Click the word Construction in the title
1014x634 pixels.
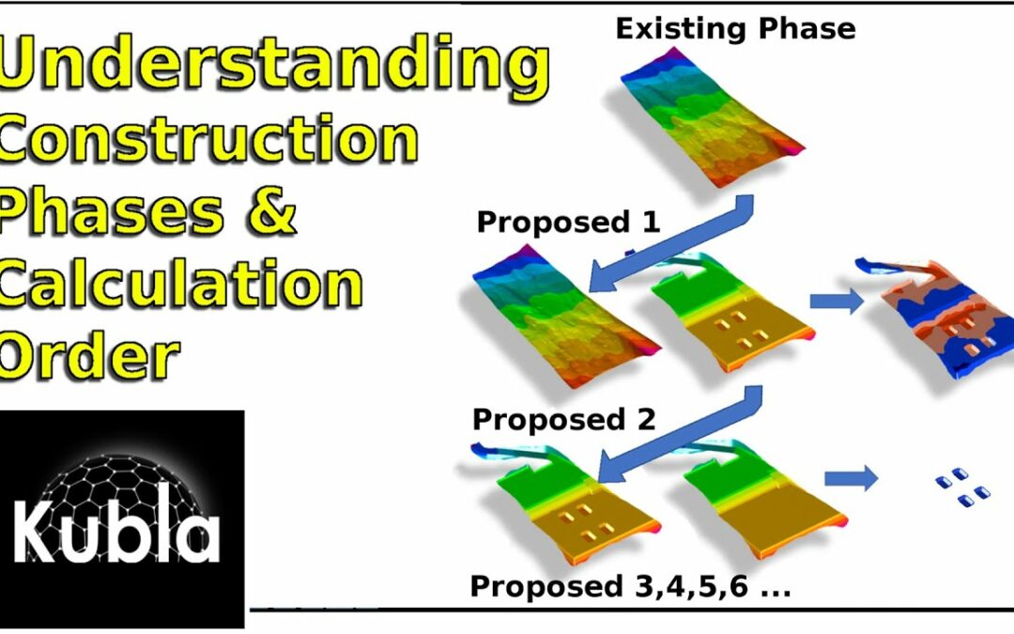click(x=208, y=139)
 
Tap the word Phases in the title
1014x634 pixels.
click(x=111, y=211)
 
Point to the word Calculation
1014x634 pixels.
click(x=180, y=284)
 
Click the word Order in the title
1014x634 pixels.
click(x=89, y=354)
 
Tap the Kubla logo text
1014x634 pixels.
click(x=117, y=531)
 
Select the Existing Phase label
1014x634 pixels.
click(x=735, y=29)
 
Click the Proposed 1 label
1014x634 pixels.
click(x=568, y=223)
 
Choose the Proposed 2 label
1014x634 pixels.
click(x=564, y=419)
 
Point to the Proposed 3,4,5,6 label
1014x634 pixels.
click(x=631, y=587)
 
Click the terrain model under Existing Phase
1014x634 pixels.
click(x=712, y=116)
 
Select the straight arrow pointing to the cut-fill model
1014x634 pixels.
click(x=837, y=301)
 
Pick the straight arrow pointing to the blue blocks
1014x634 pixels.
click(x=851, y=479)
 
